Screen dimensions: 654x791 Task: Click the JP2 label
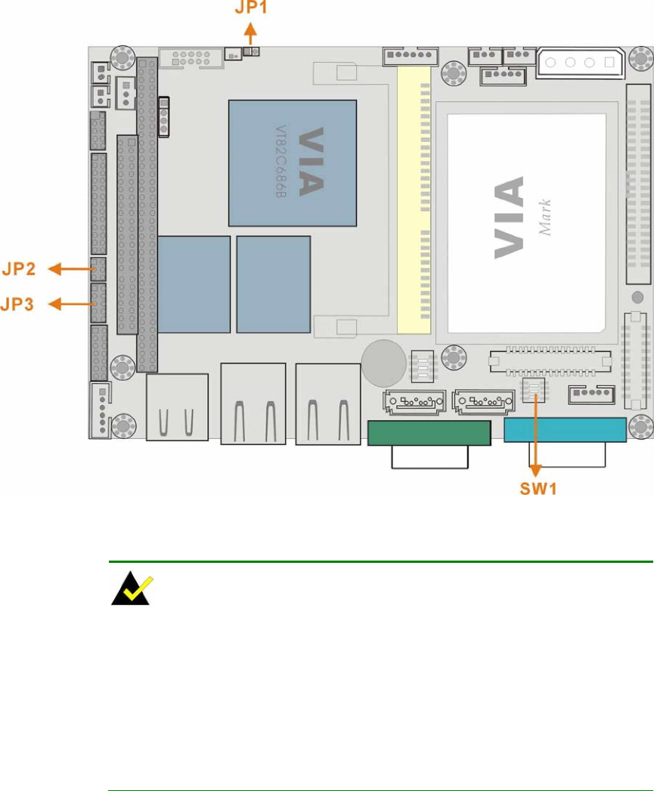26,267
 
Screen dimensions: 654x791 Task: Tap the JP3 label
26,304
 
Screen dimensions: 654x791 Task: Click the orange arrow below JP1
250,37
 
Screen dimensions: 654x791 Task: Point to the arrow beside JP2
70,267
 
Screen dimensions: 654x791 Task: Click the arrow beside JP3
70,304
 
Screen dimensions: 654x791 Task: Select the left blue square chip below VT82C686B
194,284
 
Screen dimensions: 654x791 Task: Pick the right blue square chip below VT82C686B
273,284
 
